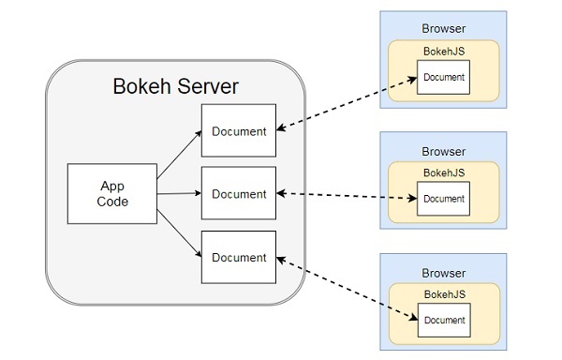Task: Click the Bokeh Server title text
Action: point(175,88)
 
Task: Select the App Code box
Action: point(112,193)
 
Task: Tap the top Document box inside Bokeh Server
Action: point(239,130)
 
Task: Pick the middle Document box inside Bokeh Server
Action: point(239,194)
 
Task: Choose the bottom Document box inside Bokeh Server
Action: point(239,257)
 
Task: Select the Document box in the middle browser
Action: point(444,198)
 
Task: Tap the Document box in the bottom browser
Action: point(444,320)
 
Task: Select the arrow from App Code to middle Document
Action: point(178,194)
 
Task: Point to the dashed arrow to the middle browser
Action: point(347,196)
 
